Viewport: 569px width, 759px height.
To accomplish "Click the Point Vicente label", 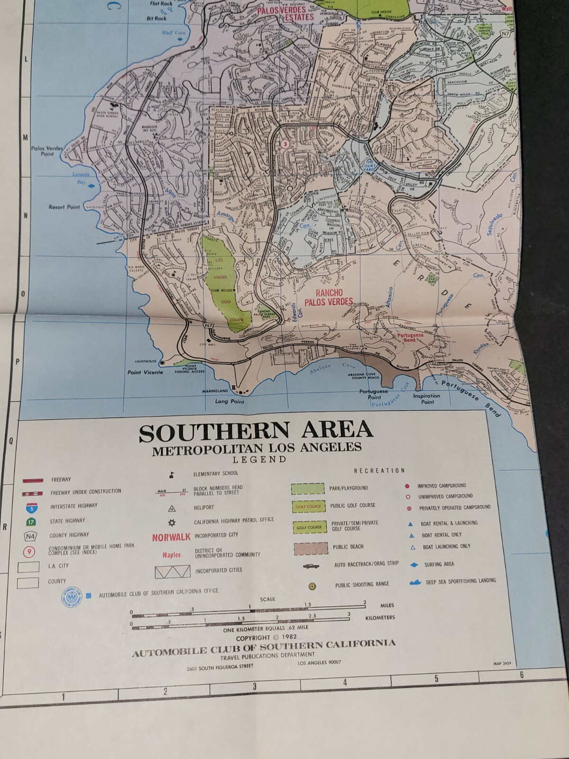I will point(145,372).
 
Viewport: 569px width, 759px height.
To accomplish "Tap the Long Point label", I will point(229,401).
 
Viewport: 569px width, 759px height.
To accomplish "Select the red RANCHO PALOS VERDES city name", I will point(329,297).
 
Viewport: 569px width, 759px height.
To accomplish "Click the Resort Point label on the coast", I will point(64,207).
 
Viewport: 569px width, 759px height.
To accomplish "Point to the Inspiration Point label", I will point(426,398).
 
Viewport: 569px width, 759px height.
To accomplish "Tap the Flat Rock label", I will point(161,4).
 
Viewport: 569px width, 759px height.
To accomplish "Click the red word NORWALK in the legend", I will point(171,537).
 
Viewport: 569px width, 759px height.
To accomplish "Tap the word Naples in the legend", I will point(171,555).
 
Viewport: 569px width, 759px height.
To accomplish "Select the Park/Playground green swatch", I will point(308,489).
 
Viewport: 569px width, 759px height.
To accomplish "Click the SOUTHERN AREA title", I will point(256,431).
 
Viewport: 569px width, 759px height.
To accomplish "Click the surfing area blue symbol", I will point(413,565).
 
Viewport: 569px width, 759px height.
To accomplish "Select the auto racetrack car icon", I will point(311,566).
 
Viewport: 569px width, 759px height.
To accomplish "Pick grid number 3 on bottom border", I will point(255,686).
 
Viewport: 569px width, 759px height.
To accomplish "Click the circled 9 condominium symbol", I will point(29,552).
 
